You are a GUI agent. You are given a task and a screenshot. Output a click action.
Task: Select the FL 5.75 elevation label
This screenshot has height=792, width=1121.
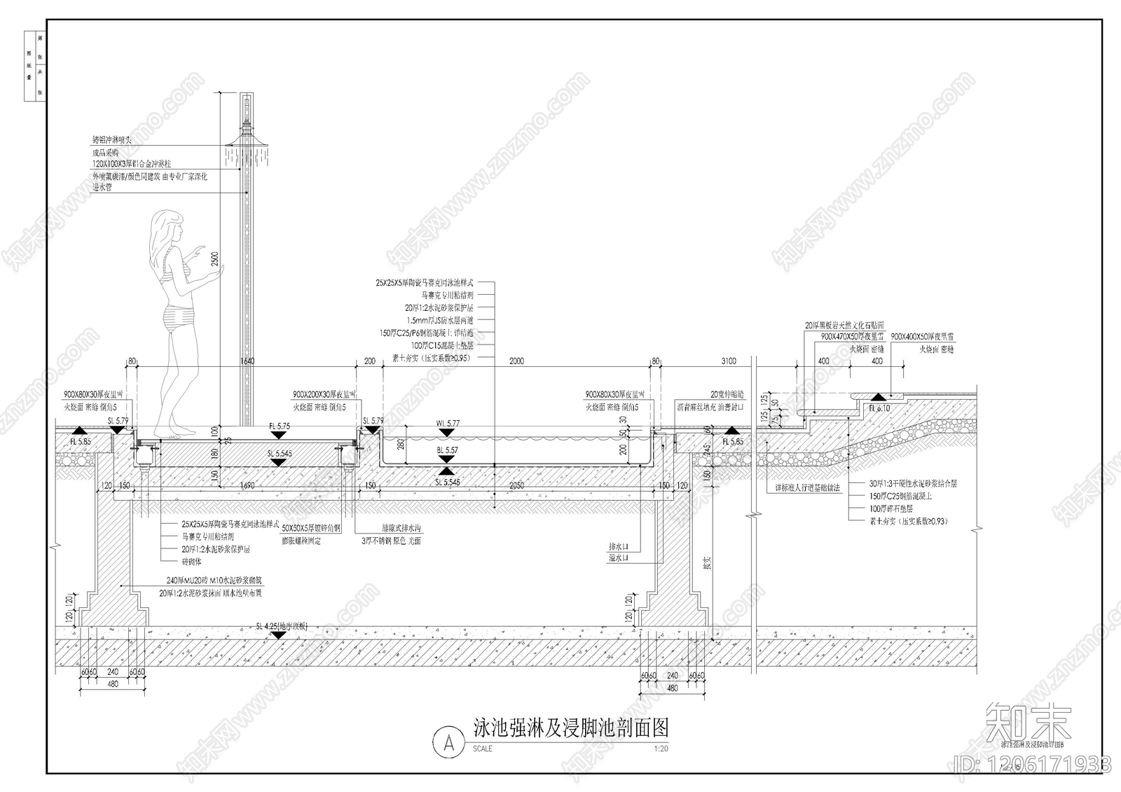tap(279, 426)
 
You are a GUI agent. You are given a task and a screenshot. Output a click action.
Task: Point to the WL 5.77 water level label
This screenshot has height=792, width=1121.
tap(448, 424)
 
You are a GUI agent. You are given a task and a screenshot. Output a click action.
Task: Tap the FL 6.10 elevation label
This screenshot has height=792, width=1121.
tap(879, 408)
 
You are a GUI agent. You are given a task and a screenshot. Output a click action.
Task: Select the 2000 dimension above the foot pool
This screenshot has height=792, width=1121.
tap(516, 361)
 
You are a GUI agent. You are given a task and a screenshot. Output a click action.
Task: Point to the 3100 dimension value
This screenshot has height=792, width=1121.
tap(728, 361)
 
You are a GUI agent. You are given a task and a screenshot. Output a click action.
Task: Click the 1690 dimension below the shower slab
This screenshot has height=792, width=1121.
tap(247, 485)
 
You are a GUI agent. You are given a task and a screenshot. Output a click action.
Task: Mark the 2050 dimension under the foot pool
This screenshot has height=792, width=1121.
tap(516, 485)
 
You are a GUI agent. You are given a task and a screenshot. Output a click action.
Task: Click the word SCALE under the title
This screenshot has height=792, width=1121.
tap(483, 749)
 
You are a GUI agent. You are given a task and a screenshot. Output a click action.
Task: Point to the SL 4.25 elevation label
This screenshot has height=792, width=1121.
tap(280, 626)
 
